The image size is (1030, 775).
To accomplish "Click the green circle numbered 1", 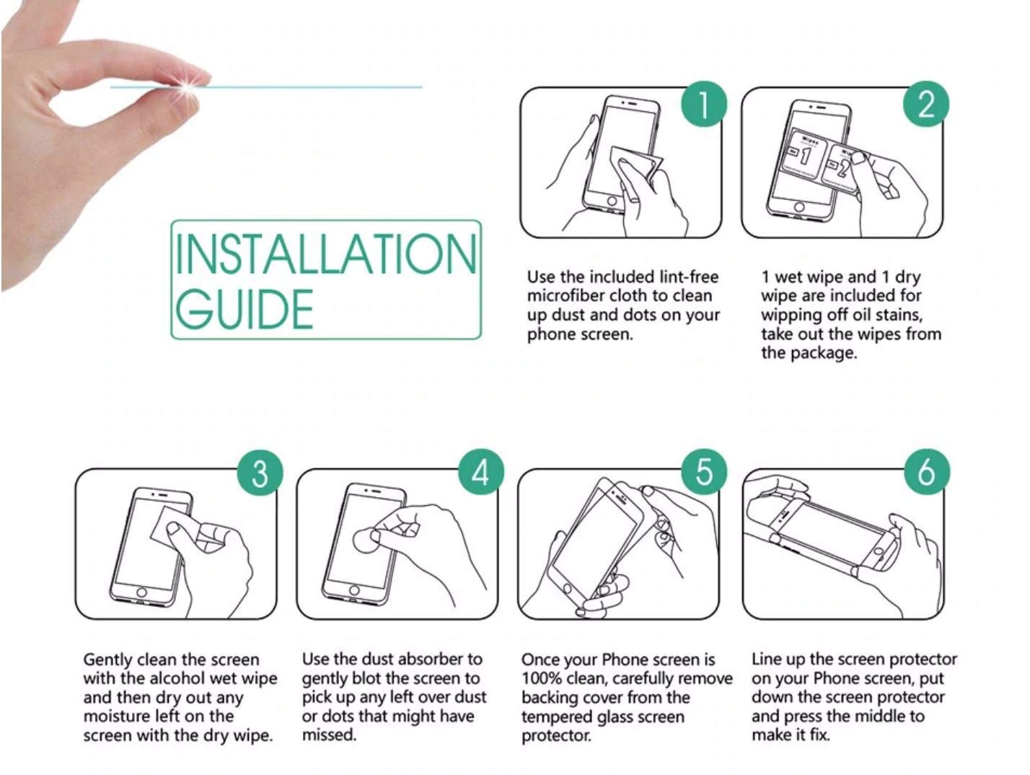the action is pos(704,104).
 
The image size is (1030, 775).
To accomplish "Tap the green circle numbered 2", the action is pos(926,104).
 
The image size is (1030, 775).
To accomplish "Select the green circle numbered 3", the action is pos(260,472).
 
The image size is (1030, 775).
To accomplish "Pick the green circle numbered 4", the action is pos(481,472).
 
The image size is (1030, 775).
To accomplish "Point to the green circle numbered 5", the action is pos(704,472).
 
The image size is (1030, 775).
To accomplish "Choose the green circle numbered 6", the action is pos(927,472).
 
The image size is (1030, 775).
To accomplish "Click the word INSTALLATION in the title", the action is pos(326,253).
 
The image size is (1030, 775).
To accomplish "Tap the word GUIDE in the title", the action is pos(245,309).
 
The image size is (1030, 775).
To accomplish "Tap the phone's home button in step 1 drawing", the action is pos(612,201).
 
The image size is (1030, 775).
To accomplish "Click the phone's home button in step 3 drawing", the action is pos(141,592).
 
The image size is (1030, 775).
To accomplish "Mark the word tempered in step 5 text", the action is pos(553,717).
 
